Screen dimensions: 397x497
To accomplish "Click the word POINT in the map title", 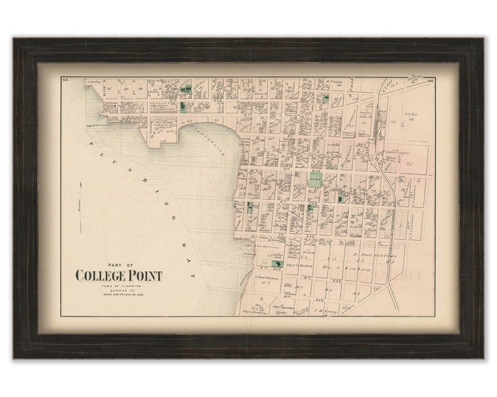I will coord(146,276).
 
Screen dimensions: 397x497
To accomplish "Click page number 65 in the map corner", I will coord(64,80).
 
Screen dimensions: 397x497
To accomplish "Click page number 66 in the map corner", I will coord(431,80).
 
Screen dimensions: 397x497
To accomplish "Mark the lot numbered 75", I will coord(411,164).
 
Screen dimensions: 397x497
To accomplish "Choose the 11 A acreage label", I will coord(265,282).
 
